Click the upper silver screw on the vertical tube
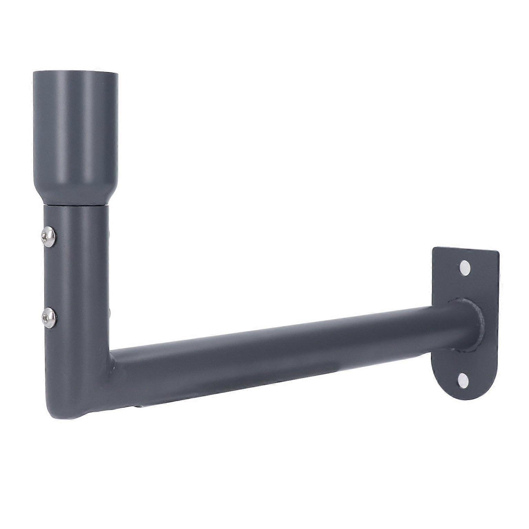click(49, 236)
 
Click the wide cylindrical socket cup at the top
click(76, 131)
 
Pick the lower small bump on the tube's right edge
click(109, 312)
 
